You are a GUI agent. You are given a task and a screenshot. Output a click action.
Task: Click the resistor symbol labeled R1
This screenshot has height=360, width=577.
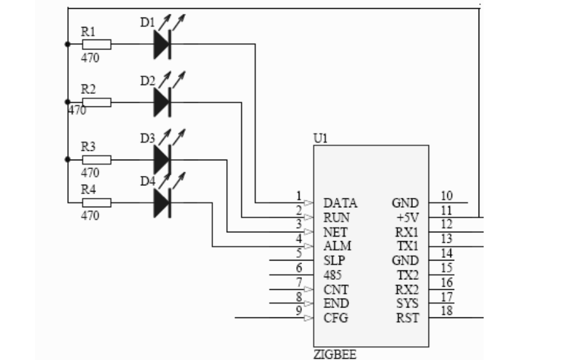[x=97, y=44]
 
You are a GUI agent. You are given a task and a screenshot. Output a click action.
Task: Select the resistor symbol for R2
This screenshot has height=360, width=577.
[x=97, y=101]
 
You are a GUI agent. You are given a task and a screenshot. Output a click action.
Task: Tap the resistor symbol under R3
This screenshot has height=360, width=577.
[x=97, y=159]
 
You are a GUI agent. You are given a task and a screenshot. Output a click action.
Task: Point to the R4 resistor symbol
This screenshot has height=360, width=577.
[x=97, y=202]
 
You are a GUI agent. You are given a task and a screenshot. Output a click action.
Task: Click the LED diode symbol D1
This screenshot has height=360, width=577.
[x=162, y=44]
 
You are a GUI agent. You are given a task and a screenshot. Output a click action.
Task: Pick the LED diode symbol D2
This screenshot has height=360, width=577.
[x=162, y=101]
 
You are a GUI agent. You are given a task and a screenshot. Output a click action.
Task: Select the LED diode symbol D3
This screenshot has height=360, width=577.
[x=162, y=159]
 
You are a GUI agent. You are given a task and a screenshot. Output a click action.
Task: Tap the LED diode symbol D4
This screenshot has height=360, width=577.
[x=162, y=202]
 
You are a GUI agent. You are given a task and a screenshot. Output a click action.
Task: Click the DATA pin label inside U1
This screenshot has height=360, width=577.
[x=340, y=203]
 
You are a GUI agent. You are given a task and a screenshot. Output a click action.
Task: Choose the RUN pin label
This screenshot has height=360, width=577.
[x=336, y=218]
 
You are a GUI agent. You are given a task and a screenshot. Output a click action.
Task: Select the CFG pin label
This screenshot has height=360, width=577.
[x=336, y=318]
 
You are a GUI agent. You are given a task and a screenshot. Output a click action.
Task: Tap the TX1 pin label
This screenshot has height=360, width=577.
[x=408, y=246]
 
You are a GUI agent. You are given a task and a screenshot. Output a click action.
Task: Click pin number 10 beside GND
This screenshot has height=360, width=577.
[x=447, y=196]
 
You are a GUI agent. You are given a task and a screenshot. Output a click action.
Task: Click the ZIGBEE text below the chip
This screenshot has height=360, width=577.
[x=335, y=355]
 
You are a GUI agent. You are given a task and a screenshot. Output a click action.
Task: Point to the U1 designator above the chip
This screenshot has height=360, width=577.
[x=320, y=138]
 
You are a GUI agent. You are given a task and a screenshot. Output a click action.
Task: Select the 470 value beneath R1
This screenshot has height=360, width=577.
[x=90, y=58]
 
